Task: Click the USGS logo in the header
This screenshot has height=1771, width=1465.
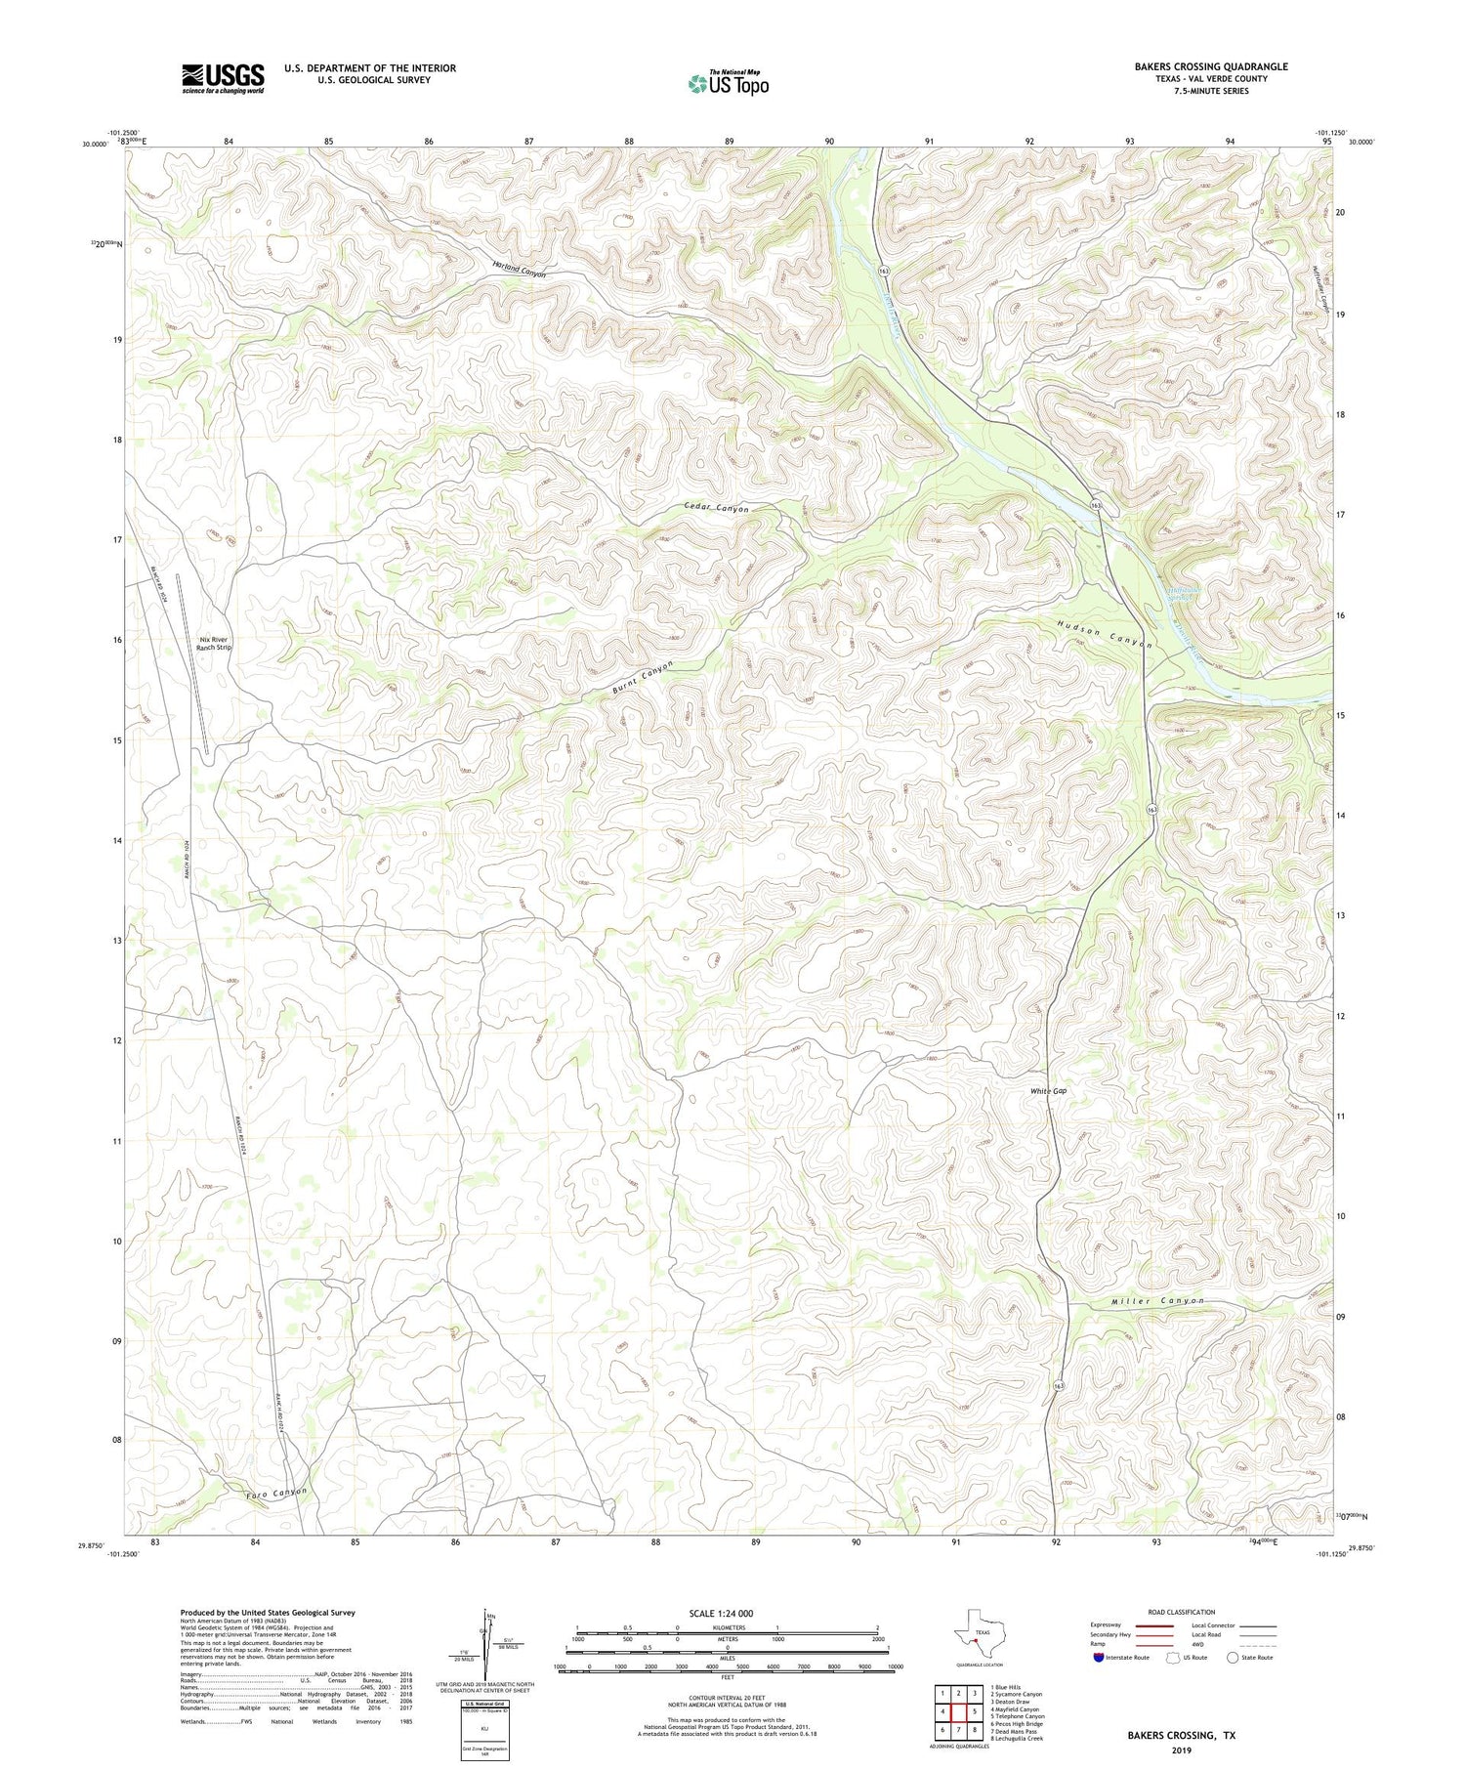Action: [x=223, y=78]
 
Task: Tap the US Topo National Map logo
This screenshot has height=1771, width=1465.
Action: [x=728, y=83]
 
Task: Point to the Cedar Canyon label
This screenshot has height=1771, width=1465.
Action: [x=716, y=509]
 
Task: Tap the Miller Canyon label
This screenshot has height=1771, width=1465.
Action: [x=1157, y=1301]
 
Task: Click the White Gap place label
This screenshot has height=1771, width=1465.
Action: [x=1048, y=1091]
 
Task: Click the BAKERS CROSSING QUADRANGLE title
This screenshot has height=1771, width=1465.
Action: [x=1210, y=66]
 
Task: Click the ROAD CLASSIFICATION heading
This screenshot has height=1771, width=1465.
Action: [x=1181, y=1612]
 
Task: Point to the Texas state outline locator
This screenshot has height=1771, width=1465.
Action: [x=977, y=1633]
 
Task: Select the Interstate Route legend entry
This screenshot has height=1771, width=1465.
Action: [x=1120, y=1657]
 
